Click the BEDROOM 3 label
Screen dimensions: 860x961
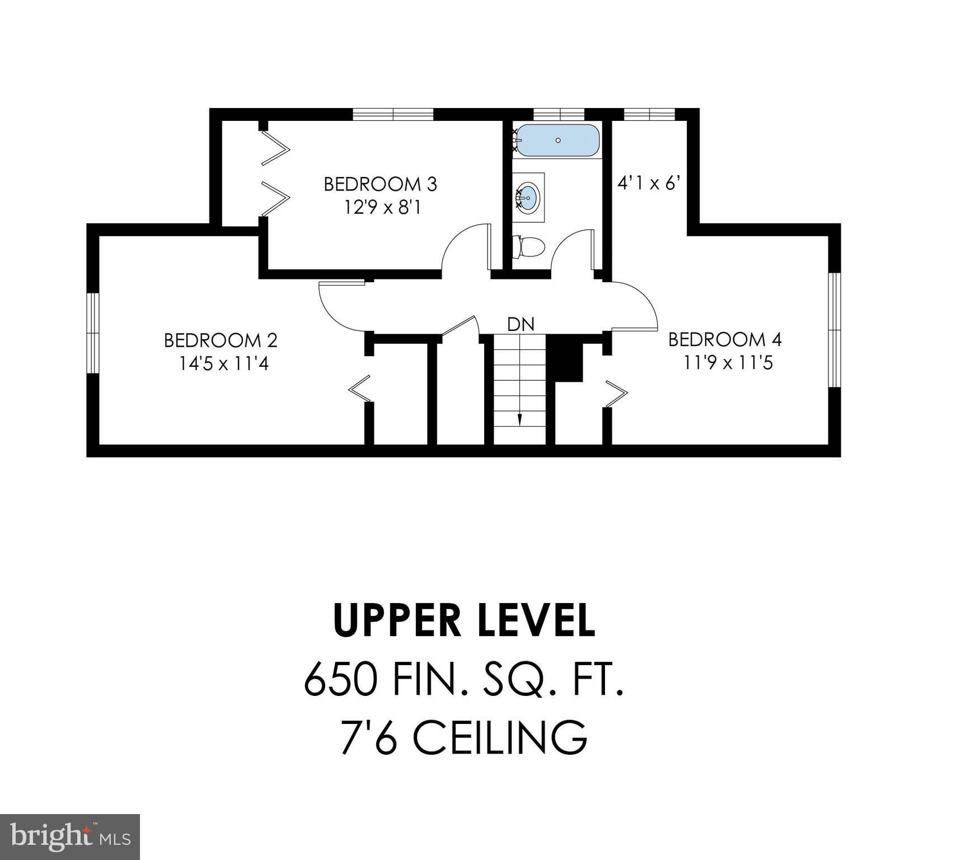click(380, 184)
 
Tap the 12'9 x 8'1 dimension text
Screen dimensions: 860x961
click(382, 208)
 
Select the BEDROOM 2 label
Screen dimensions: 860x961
click(221, 340)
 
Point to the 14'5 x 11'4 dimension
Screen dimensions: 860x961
click(224, 364)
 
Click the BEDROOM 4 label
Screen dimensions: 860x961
click(725, 339)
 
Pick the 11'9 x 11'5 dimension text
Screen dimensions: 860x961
click(728, 363)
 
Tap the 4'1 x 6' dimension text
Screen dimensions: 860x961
click(649, 183)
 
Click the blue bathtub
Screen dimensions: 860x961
click(557, 141)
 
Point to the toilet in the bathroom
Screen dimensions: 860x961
click(529, 247)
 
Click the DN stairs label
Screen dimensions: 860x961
click(521, 324)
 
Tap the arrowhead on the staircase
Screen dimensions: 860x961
click(519, 420)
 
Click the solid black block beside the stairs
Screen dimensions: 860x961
click(565, 359)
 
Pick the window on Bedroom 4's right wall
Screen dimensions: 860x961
click(835, 330)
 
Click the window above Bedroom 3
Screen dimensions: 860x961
click(393, 115)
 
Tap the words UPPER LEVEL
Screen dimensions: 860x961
click(464, 621)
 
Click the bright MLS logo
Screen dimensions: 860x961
click(70, 836)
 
